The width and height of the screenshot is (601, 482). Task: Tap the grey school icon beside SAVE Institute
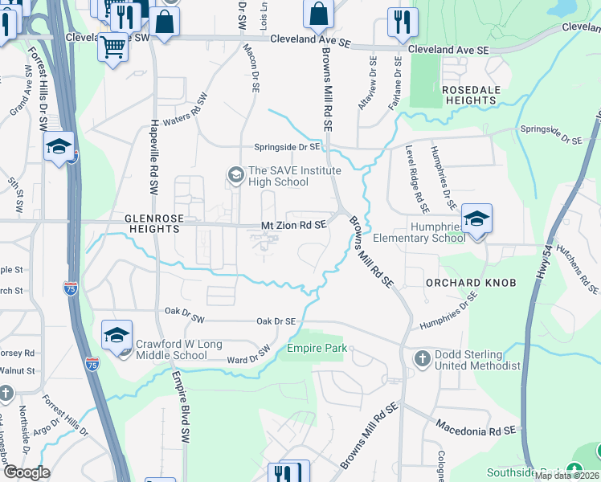pyautogui.click(x=235, y=174)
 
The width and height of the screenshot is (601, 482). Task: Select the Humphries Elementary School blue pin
pyautogui.click(x=476, y=220)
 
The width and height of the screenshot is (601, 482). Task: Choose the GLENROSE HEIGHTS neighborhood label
pyautogui.click(x=152, y=223)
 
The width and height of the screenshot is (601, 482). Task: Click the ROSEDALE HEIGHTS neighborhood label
pyautogui.click(x=470, y=95)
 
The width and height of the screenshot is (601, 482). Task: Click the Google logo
pyautogui.click(x=26, y=472)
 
